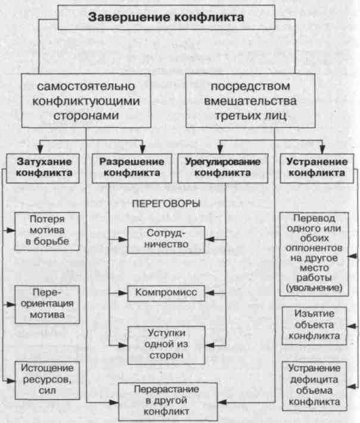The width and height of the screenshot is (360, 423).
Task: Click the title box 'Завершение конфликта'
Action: pyautogui.click(x=166, y=18)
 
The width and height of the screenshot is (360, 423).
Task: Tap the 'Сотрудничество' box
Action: pyautogui.click(x=166, y=239)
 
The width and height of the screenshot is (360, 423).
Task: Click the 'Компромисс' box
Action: pyautogui.click(x=166, y=293)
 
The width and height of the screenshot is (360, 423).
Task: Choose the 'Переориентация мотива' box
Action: pyautogui.click(x=46, y=305)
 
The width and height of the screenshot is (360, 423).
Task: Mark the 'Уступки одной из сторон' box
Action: pyautogui.click(x=166, y=343)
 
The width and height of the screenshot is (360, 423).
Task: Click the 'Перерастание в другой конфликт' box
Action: pyautogui.click(x=166, y=401)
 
